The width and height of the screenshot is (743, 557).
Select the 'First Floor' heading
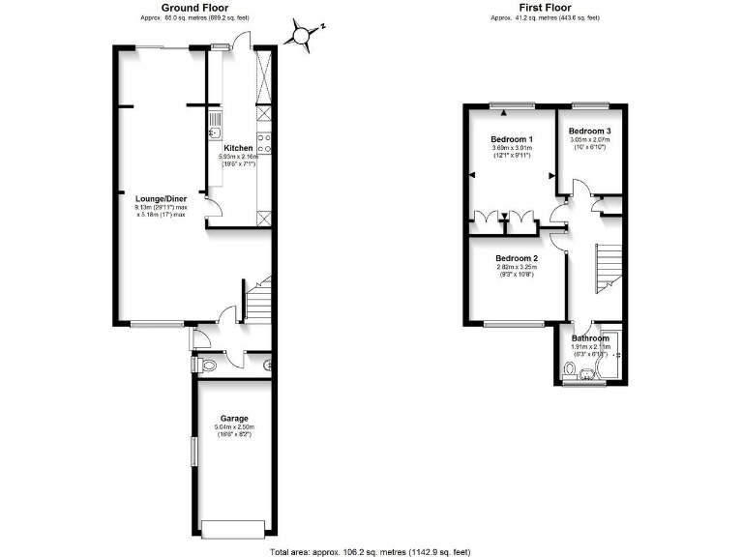[x=545, y=7]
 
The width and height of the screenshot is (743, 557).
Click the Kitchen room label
[x=238, y=148]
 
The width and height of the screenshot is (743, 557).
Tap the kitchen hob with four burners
[x=263, y=144]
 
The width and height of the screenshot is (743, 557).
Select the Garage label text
[x=233, y=418]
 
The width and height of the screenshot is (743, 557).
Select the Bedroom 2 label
[x=517, y=258]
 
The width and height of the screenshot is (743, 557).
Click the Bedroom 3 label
[x=589, y=131]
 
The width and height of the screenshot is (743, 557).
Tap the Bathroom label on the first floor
[x=589, y=338]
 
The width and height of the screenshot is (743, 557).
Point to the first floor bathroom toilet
[x=569, y=367]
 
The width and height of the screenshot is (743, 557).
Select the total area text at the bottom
[x=371, y=551]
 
